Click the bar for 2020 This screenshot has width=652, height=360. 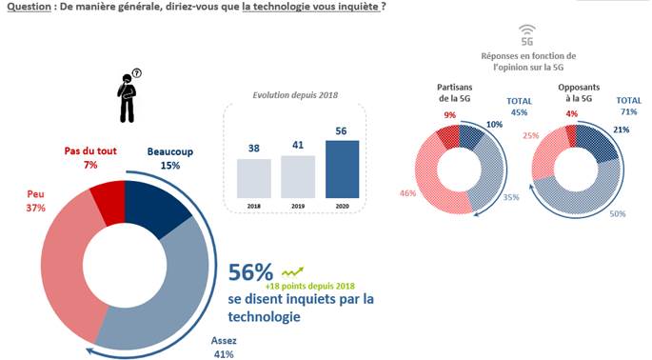[343, 170]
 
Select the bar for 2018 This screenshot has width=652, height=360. [253, 178]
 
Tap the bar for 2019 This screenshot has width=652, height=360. [298, 177]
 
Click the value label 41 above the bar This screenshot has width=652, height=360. [298, 146]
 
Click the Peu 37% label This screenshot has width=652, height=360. [36, 201]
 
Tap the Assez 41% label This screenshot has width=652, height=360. [224, 348]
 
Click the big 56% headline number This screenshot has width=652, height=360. [250, 272]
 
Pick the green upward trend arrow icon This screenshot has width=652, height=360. [293, 272]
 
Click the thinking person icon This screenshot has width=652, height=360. [128, 96]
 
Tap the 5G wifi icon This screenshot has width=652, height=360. [527, 35]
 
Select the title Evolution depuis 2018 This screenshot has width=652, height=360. [295, 95]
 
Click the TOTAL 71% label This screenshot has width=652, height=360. [629, 106]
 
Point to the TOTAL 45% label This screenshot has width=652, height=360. [519, 107]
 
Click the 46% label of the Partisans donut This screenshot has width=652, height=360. [407, 193]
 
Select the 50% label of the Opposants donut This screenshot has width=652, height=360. [618, 214]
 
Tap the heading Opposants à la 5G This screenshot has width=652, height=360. [579, 92]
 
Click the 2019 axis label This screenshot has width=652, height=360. [298, 206]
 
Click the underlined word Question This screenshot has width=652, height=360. [30, 7]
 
